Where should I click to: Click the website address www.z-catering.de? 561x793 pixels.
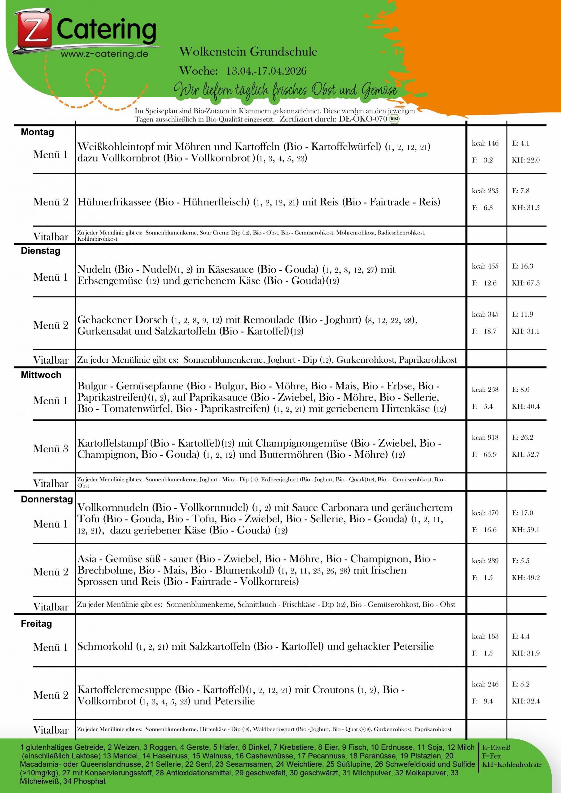104,54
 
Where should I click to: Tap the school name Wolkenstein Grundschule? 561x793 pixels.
248,52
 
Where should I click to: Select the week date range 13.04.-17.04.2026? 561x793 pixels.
266,71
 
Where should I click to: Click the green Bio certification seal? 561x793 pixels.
394,119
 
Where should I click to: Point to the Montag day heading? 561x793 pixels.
37,132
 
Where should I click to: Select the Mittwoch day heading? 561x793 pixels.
41,375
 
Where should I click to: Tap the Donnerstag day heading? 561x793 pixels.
47,499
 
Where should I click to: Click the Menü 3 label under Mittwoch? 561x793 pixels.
51,449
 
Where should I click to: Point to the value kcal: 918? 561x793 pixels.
485,438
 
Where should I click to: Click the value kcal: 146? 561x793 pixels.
485,143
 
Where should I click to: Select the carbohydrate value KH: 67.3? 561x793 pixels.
525,283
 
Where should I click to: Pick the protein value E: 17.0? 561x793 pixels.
522,513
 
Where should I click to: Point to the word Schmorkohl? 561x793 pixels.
105,646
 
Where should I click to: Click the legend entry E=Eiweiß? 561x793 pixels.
496,748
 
